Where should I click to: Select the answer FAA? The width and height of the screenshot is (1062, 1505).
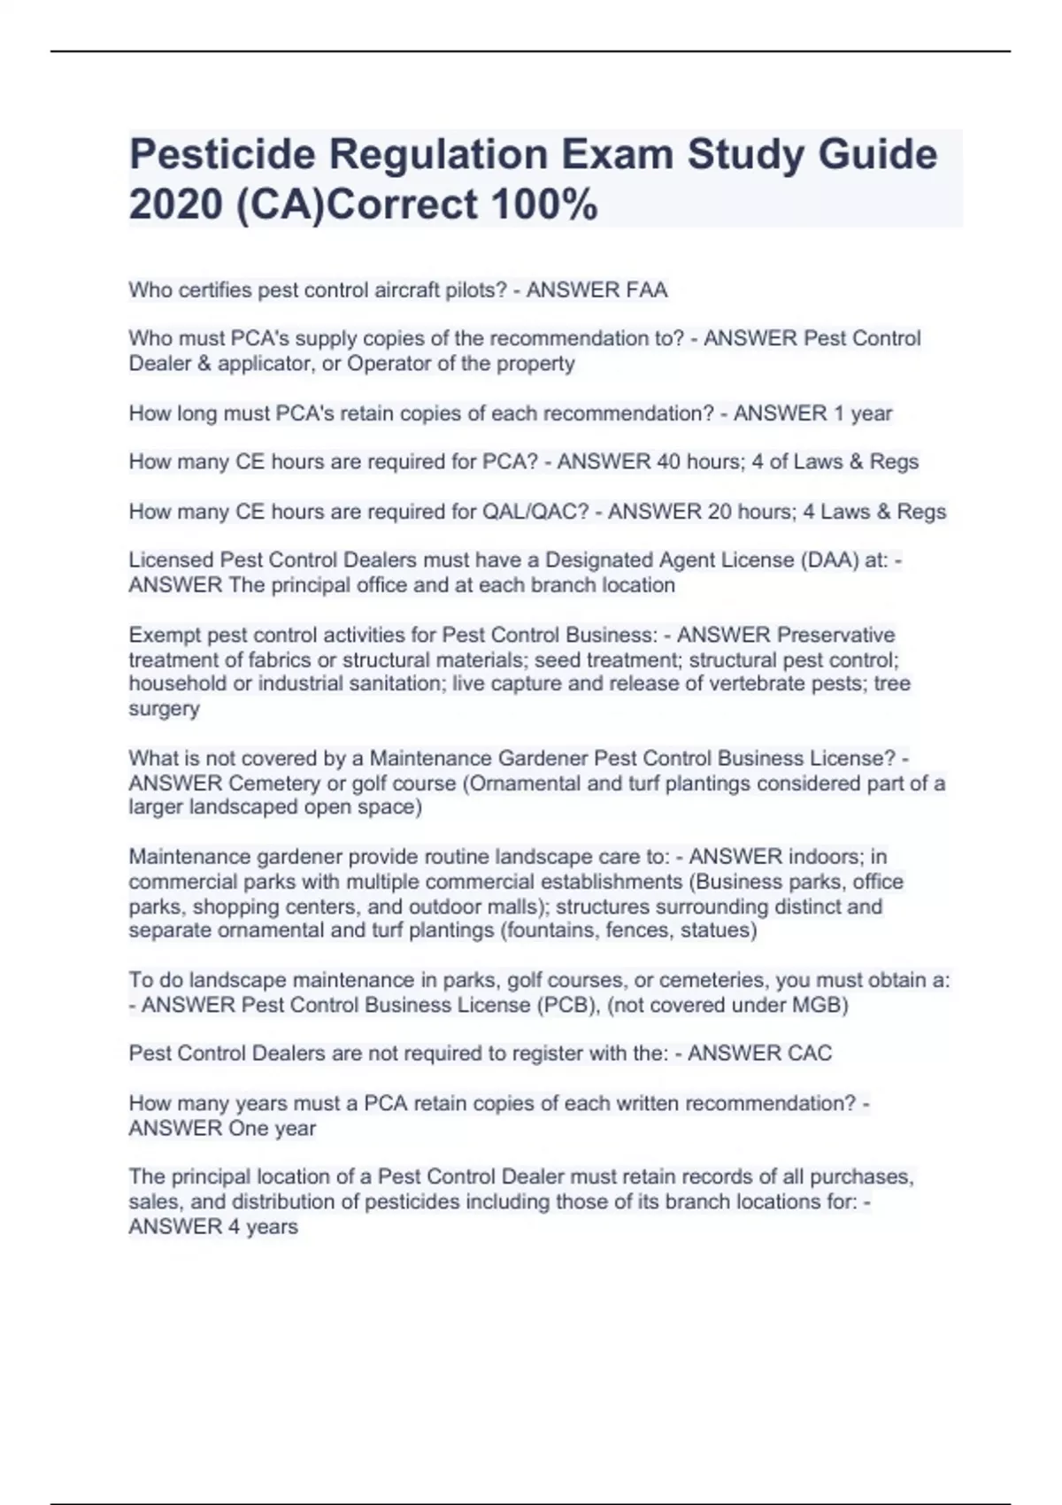[x=646, y=290]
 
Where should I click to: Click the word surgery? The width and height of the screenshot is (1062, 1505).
[x=164, y=708]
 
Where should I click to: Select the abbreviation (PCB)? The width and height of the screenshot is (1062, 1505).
[x=567, y=1005]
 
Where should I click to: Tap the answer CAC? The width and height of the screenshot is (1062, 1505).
[x=805, y=1053]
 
